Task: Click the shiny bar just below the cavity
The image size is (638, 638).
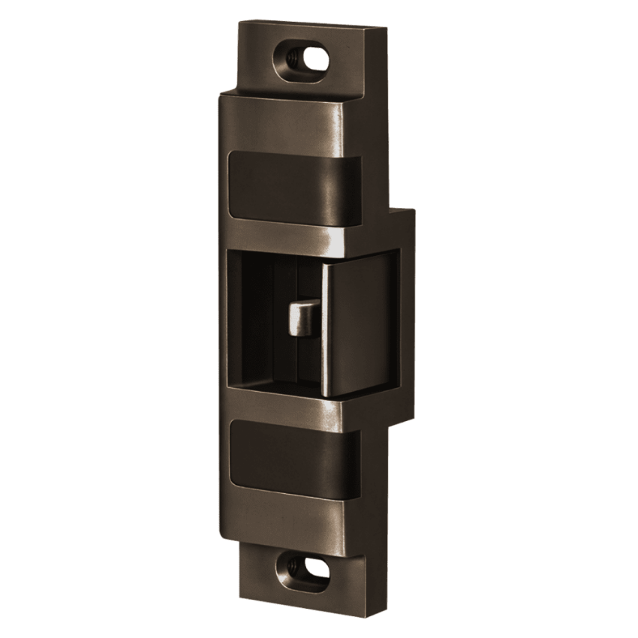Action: [300, 409]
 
